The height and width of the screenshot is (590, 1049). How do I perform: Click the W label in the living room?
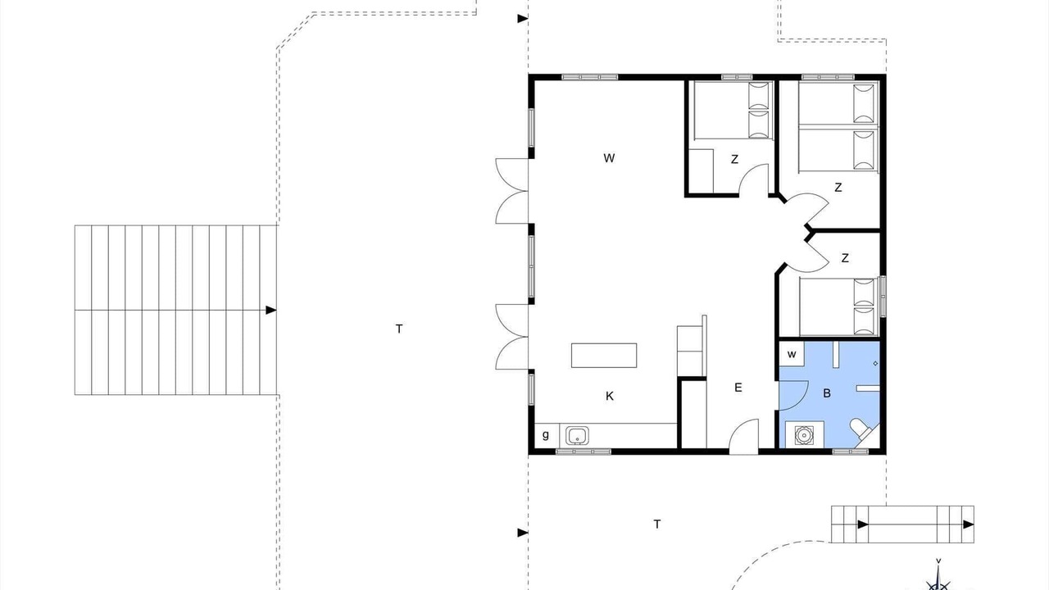click(x=609, y=158)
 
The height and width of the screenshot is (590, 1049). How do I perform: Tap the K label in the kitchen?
click(x=609, y=396)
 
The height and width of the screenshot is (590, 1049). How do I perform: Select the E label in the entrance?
click(x=738, y=388)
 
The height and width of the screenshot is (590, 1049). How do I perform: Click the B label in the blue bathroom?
click(x=827, y=393)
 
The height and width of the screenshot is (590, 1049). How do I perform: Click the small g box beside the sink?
click(x=547, y=435)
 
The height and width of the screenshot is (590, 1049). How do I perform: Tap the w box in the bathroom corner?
click(x=792, y=354)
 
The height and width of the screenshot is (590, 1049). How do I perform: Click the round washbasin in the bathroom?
click(x=804, y=435)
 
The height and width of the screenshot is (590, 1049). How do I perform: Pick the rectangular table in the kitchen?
click(x=604, y=356)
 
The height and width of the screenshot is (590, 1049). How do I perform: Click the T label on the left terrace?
click(x=399, y=329)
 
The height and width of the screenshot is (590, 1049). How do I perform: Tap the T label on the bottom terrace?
click(x=657, y=524)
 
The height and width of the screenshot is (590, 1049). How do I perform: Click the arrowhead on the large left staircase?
click(x=270, y=310)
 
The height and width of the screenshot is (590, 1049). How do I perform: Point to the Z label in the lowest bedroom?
click(x=845, y=258)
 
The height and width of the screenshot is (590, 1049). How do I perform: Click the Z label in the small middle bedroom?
click(x=734, y=159)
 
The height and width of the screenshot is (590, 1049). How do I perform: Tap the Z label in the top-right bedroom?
click(x=838, y=188)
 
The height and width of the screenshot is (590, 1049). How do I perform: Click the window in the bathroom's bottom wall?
click(x=850, y=452)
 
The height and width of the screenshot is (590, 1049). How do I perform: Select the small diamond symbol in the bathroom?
click(x=875, y=363)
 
